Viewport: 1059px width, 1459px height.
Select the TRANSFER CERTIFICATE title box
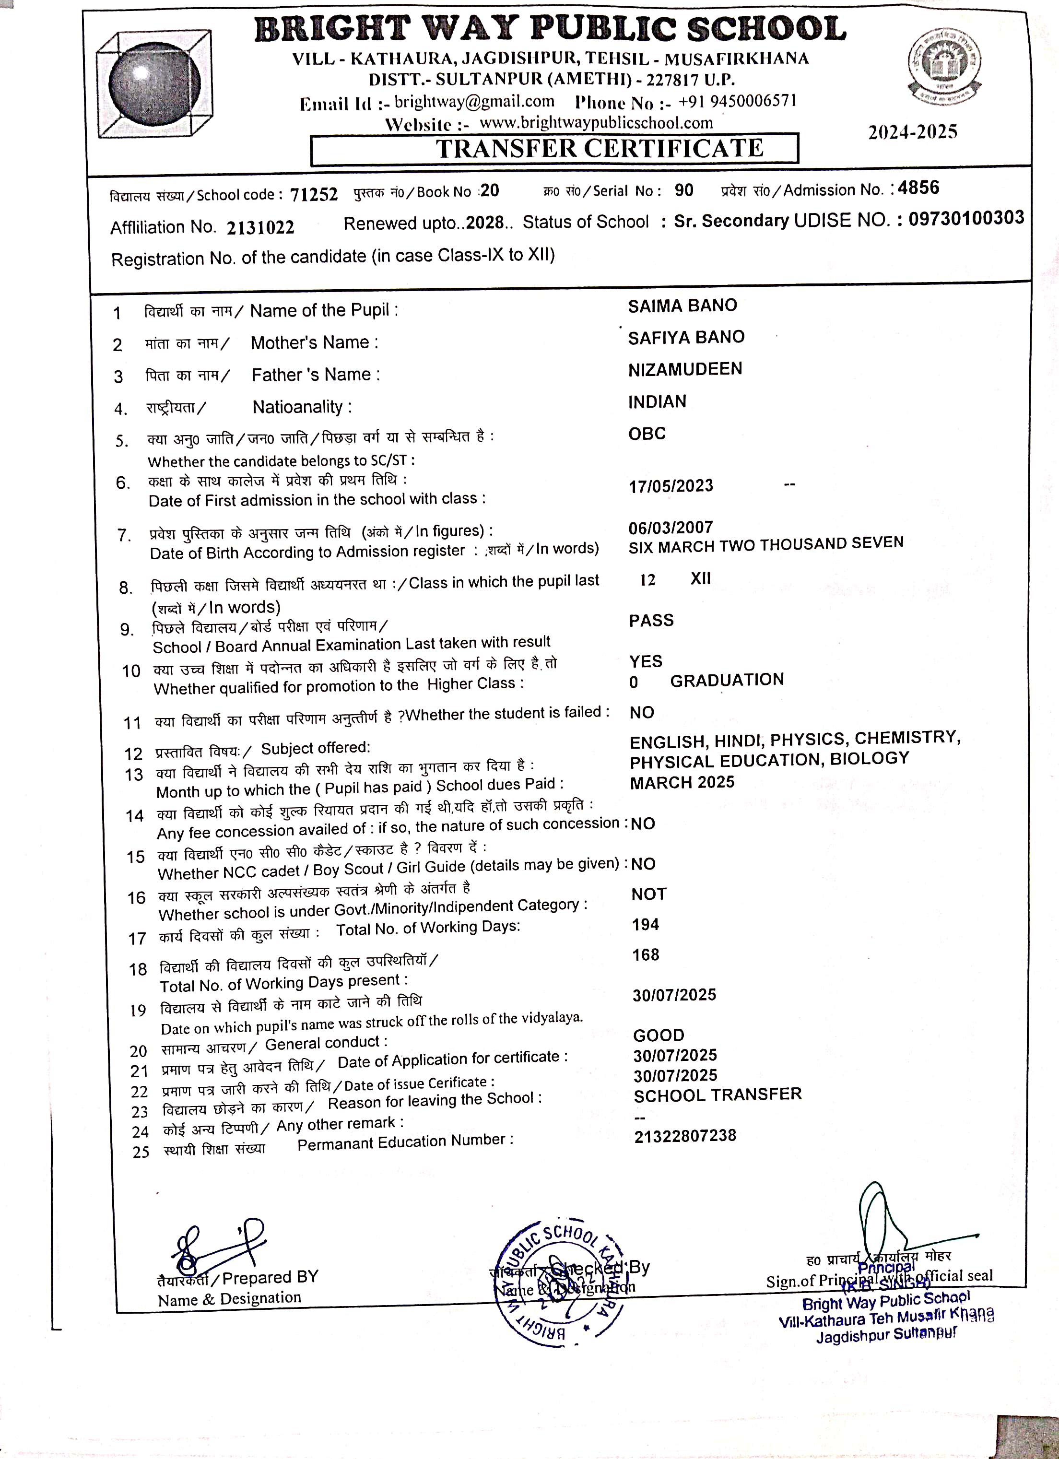554,149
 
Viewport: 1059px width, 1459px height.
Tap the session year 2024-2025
912,132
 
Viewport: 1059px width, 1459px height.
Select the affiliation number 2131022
260,227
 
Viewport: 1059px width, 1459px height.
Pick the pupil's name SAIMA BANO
682,306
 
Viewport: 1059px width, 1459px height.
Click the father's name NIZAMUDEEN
685,369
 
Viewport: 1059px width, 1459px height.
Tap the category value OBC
647,434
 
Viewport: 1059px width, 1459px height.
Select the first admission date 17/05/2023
671,486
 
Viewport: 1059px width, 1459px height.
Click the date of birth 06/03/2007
671,528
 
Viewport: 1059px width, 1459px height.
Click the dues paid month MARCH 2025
682,782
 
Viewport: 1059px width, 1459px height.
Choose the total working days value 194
645,924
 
